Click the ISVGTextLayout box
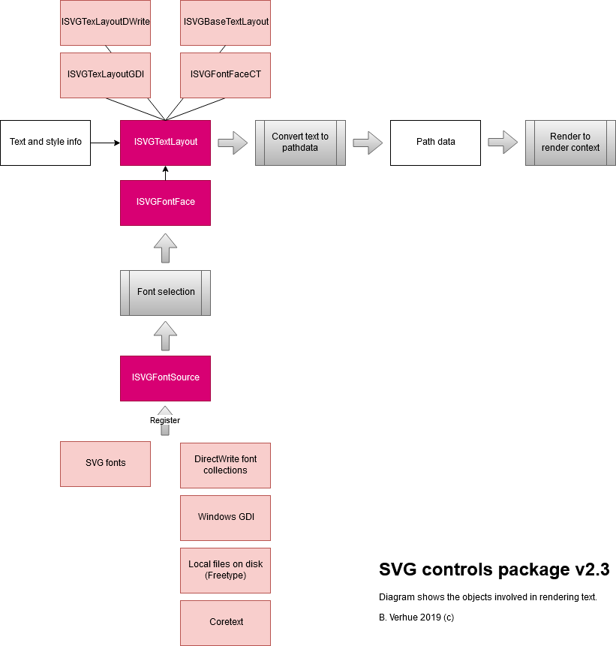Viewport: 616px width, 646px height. point(165,142)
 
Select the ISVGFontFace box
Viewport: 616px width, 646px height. point(165,202)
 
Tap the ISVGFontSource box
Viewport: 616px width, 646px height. point(165,377)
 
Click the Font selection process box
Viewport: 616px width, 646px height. point(165,292)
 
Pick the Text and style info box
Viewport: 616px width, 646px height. point(45,142)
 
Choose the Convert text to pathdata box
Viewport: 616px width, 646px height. point(300,142)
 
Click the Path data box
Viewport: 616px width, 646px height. point(435,142)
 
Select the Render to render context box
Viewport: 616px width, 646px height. point(570,142)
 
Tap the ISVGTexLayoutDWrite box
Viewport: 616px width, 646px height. point(105,23)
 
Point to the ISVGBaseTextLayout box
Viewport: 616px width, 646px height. point(225,23)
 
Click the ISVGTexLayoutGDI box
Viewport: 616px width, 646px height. point(105,74)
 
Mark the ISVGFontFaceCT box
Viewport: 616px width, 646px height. point(225,74)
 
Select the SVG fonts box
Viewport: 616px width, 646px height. point(105,463)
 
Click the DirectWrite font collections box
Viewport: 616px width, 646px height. point(225,464)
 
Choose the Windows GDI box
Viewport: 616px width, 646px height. point(225,517)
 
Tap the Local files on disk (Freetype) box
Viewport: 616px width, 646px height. point(225,569)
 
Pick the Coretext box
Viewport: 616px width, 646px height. point(225,622)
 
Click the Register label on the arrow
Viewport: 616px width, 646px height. point(165,420)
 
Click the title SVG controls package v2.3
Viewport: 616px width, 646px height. point(494,570)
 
